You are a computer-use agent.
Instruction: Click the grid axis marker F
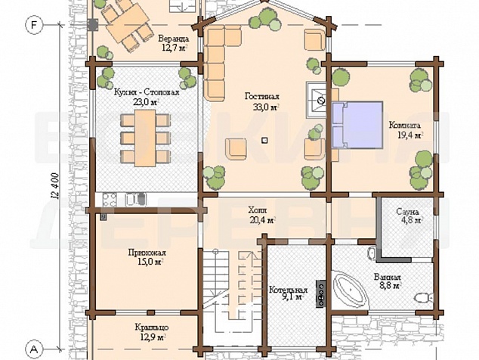(x=33, y=25)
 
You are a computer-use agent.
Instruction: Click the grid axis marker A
(x=34, y=349)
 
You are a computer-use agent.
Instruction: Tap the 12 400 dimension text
(x=55, y=187)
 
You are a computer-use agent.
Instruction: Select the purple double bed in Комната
(x=357, y=125)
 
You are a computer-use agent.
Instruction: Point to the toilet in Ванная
(x=424, y=297)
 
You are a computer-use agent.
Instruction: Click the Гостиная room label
(x=262, y=97)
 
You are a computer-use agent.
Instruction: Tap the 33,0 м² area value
(x=265, y=107)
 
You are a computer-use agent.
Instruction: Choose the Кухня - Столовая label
(x=147, y=92)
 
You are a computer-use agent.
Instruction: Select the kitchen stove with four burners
(x=110, y=200)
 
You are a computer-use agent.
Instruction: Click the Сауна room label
(x=407, y=211)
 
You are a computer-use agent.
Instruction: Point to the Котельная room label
(x=288, y=290)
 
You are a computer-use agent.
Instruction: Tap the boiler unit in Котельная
(x=321, y=293)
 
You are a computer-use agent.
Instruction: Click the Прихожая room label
(x=147, y=253)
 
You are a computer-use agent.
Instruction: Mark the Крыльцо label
(x=152, y=328)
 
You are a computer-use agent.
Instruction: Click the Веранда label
(x=174, y=39)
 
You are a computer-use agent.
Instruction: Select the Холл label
(x=257, y=210)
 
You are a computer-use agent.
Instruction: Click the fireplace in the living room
(x=317, y=100)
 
